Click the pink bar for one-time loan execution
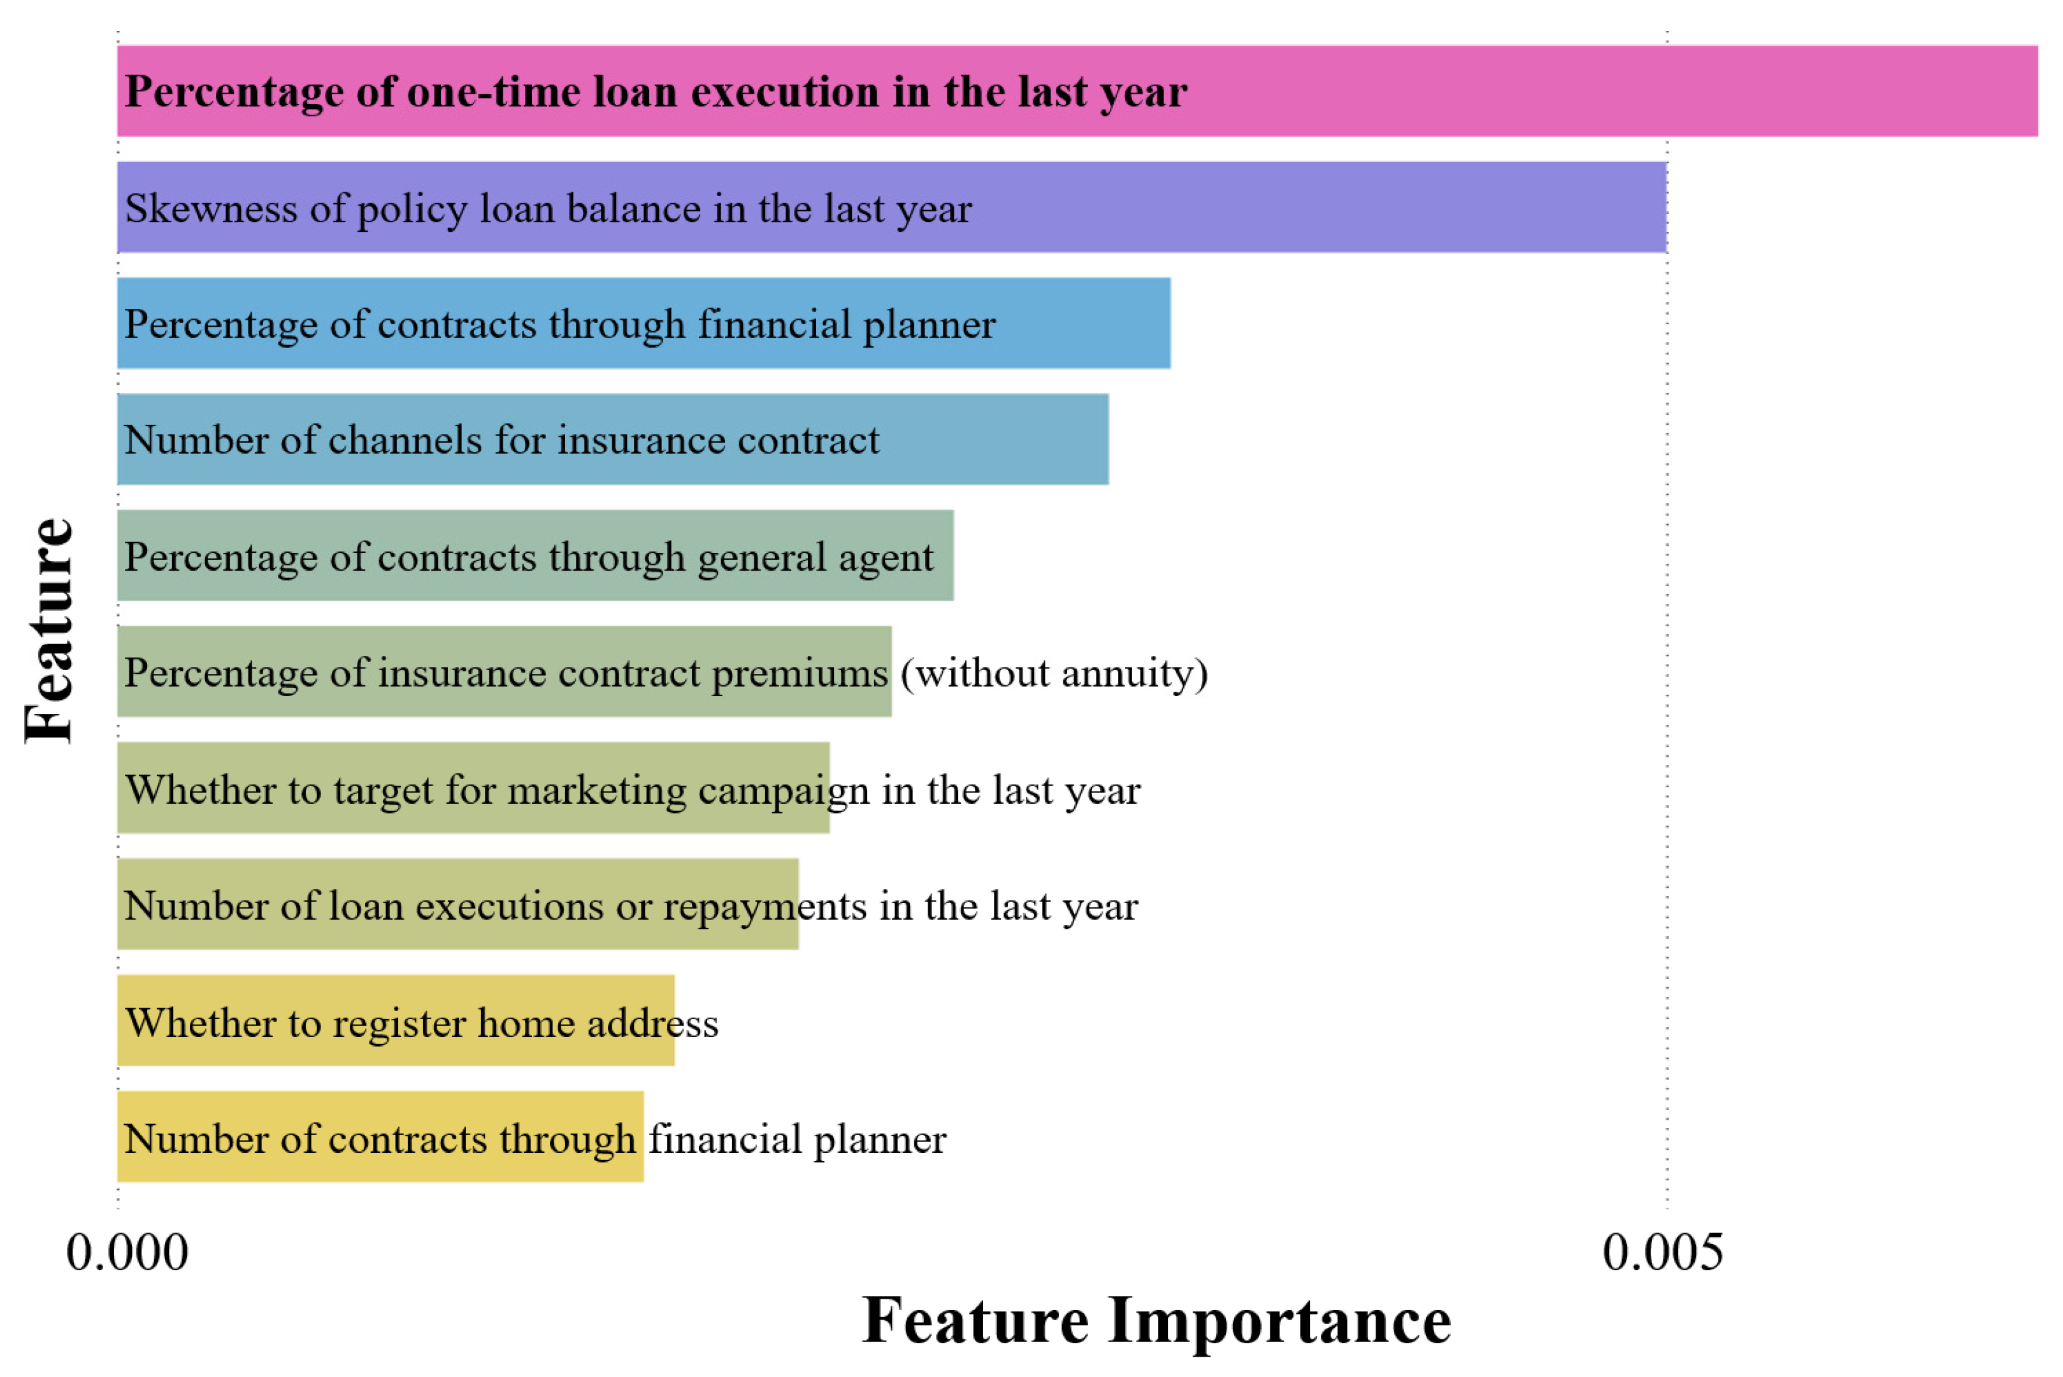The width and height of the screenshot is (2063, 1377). pyautogui.click(x=1077, y=90)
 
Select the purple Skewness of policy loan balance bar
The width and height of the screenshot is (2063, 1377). pyautogui.click(x=893, y=207)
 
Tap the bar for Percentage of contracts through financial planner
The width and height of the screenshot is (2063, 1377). pyautogui.click(x=643, y=323)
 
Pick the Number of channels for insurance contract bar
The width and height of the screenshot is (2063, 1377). pyautogui.click(x=613, y=439)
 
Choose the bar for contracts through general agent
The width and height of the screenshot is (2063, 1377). pyautogui.click(x=536, y=555)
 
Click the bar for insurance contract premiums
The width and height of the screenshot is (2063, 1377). pyautogui.click(x=505, y=672)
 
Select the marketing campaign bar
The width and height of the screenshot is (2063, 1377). pyautogui.click(x=473, y=788)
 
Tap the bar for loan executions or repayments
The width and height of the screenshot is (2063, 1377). pyautogui.click(x=459, y=904)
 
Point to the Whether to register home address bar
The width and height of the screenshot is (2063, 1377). pyautogui.click(x=396, y=1020)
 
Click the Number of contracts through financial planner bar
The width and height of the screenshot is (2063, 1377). pyautogui.click(x=380, y=1136)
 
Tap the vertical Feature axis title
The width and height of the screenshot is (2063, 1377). pyautogui.click(x=49, y=631)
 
